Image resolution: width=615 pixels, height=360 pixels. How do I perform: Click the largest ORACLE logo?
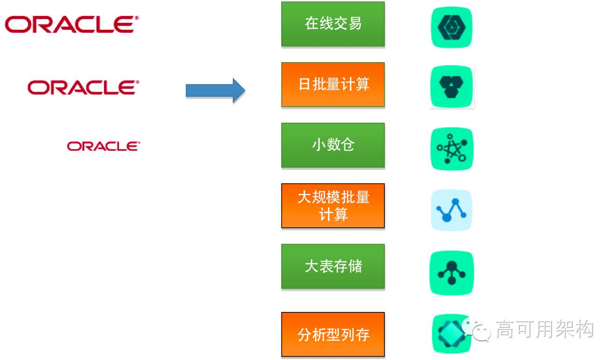coord(71,24)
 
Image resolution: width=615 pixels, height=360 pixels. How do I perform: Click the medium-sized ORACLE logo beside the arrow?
coord(83,87)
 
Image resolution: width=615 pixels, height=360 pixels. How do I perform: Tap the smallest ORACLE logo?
coord(103,146)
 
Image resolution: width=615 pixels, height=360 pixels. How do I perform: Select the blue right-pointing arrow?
coord(215,90)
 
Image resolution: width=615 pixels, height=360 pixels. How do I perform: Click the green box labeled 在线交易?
coord(333,24)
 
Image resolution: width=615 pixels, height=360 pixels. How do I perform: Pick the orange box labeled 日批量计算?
coord(333,85)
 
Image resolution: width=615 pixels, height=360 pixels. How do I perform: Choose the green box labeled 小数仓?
coord(333,145)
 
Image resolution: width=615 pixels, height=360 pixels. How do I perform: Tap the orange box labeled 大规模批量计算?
coord(333,205)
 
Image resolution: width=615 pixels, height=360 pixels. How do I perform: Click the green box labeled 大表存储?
coord(333,266)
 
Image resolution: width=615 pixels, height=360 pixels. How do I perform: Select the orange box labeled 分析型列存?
coord(333,334)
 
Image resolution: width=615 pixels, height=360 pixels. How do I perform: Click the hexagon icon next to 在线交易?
coord(451,27)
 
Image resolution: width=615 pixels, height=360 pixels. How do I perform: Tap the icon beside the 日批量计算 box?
coord(451,87)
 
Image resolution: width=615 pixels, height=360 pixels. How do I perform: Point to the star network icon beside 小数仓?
coord(451,148)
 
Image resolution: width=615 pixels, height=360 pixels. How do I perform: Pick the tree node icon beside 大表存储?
coord(451,273)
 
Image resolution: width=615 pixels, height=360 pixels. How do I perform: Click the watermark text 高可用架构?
coord(544,329)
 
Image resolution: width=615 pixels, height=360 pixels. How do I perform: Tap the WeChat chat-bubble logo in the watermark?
coord(475,329)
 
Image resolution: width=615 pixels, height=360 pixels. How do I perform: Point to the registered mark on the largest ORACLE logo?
coord(137,19)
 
